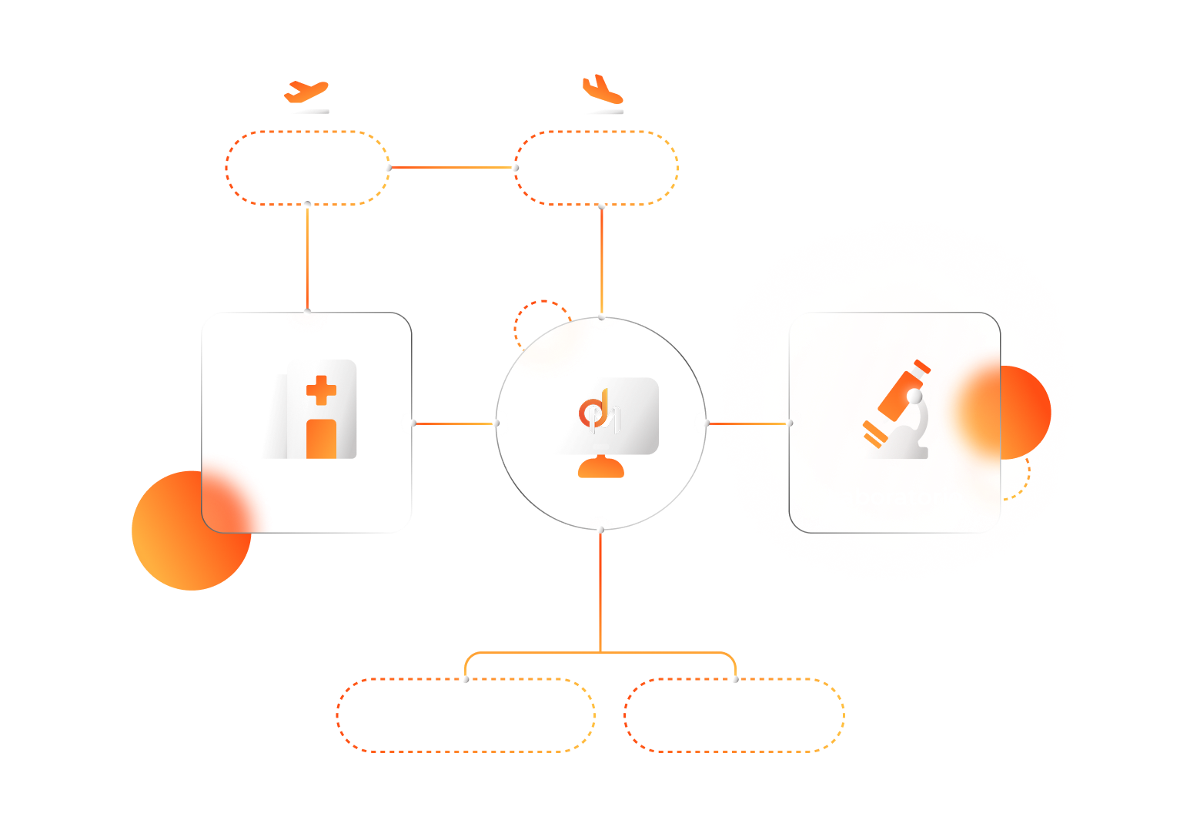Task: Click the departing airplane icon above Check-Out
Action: click(x=306, y=92)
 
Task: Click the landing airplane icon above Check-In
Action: click(x=602, y=89)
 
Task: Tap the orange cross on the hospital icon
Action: click(x=321, y=390)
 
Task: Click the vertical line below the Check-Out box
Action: click(x=307, y=254)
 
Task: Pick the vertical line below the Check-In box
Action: click(x=602, y=258)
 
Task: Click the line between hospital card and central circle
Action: click(x=454, y=423)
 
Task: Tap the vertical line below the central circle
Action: click(x=600, y=593)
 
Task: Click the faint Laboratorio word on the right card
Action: click(x=897, y=497)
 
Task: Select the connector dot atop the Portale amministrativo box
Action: click(x=465, y=679)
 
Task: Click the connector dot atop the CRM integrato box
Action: click(x=735, y=679)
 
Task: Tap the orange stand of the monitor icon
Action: click(x=601, y=468)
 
